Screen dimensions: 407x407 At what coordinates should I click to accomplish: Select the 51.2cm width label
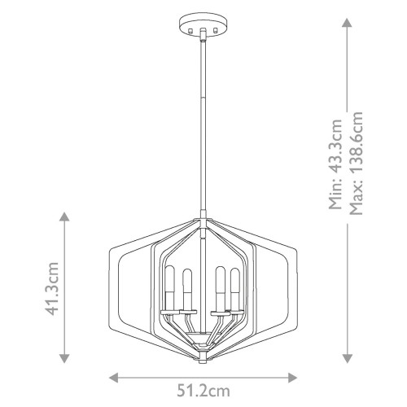(x=203, y=392)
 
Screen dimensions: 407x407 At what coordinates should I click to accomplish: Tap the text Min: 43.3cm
(x=335, y=164)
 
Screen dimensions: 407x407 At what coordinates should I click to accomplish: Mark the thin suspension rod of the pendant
(x=203, y=122)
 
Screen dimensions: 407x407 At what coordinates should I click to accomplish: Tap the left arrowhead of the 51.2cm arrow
(x=113, y=378)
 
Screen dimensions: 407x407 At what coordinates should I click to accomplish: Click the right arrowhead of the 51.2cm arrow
(x=294, y=378)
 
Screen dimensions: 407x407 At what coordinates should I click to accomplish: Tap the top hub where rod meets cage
(x=203, y=217)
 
